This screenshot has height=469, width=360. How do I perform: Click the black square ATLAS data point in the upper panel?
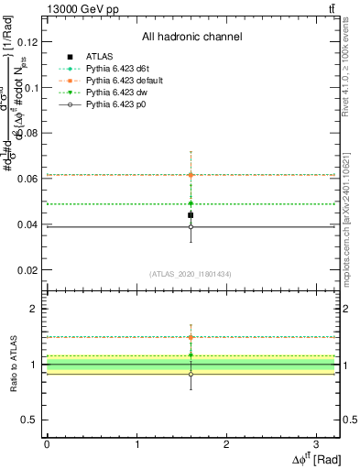[191, 215]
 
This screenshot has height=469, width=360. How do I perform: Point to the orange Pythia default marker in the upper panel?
[191, 175]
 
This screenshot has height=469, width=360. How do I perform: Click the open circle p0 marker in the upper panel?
[191, 227]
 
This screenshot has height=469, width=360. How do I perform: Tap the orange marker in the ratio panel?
[191, 337]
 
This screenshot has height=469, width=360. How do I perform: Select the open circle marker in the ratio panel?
[191, 374]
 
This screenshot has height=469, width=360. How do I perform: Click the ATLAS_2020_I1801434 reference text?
[191, 274]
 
